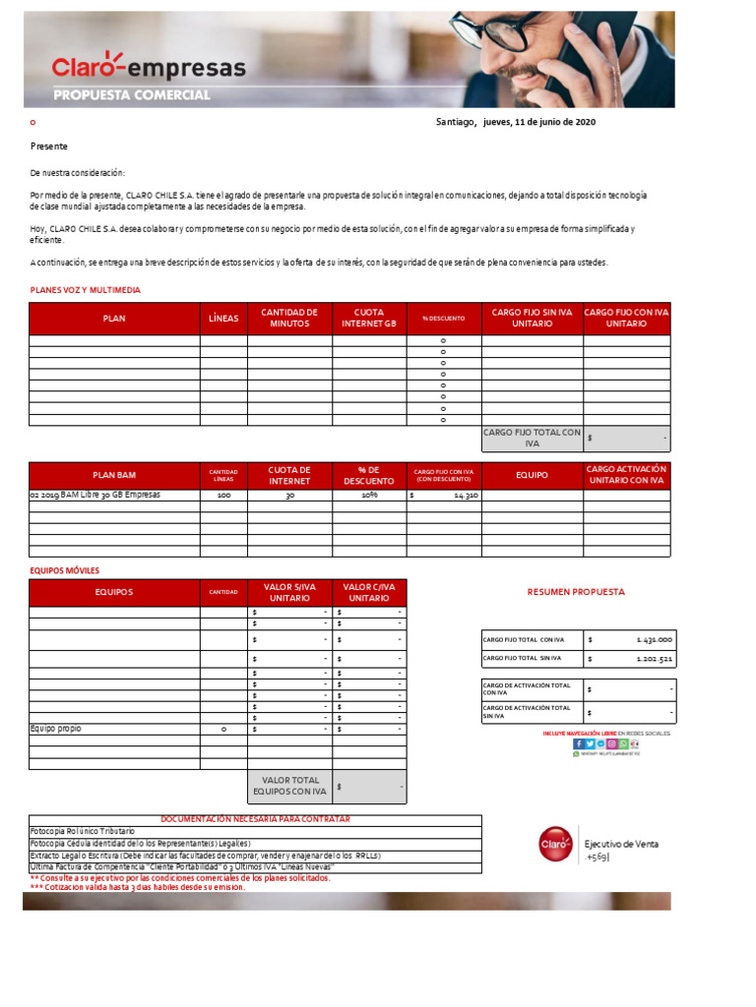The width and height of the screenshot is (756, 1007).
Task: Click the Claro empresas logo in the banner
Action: (x=149, y=67)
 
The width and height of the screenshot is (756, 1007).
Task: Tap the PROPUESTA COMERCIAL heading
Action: (x=131, y=95)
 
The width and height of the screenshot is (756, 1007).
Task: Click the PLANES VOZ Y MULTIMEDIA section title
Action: (x=86, y=290)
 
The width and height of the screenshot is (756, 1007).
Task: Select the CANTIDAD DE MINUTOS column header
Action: (x=289, y=318)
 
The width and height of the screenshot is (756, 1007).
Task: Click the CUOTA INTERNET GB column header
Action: (x=369, y=318)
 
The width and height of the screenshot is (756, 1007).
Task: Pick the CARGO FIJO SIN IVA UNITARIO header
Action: (x=532, y=318)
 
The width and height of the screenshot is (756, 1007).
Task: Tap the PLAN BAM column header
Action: (x=114, y=475)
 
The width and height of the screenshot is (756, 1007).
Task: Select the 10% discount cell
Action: (x=369, y=496)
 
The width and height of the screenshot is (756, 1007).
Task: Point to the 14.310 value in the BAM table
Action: (x=465, y=497)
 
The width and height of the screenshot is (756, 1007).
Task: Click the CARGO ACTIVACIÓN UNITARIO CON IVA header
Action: (x=626, y=475)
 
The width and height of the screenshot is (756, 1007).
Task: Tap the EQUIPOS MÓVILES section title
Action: (x=65, y=570)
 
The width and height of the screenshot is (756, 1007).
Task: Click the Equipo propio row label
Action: (x=56, y=729)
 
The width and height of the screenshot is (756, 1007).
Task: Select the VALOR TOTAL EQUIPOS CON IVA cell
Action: (x=289, y=786)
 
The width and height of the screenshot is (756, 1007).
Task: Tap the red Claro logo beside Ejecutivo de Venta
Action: (x=554, y=844)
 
